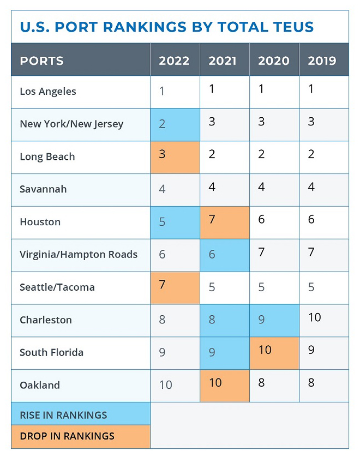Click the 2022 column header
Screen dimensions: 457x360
pyautogui.click(x=175, y=60)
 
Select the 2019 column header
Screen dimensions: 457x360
pyautogui.click(x=322, y=60)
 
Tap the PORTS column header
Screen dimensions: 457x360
pyautogui.click(x=41, y=60)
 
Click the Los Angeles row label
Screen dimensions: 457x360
pyautogui.click(x=48, y=92)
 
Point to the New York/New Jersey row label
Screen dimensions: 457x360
pyautogui.click(x=71, y=124)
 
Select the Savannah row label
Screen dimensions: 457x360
pyautogui.click(x=43, y=189)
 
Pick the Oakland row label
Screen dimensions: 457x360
pyautogui.click(x=40, y=385)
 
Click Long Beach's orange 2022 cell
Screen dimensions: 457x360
pyautogui.click(x=175, y=157)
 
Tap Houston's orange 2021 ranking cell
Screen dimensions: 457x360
pyautogui.click(x=225, y=223)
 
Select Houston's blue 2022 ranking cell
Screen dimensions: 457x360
pyautogui.click(x=175, y=223)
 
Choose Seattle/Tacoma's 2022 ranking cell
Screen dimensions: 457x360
pyautogui.click(x=175, y=287)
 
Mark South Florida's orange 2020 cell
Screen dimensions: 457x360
pyautogui.click(x=274, y=353)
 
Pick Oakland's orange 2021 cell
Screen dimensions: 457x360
pyautogui.click(x=225, y=385)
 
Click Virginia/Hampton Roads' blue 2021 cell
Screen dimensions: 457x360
pyautogui.click(x=225, y=255)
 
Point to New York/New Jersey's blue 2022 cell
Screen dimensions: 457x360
pyautogui.click(x=175, y=124)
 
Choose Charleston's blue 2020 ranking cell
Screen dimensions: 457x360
pyautogui.click(x=274, y=320)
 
